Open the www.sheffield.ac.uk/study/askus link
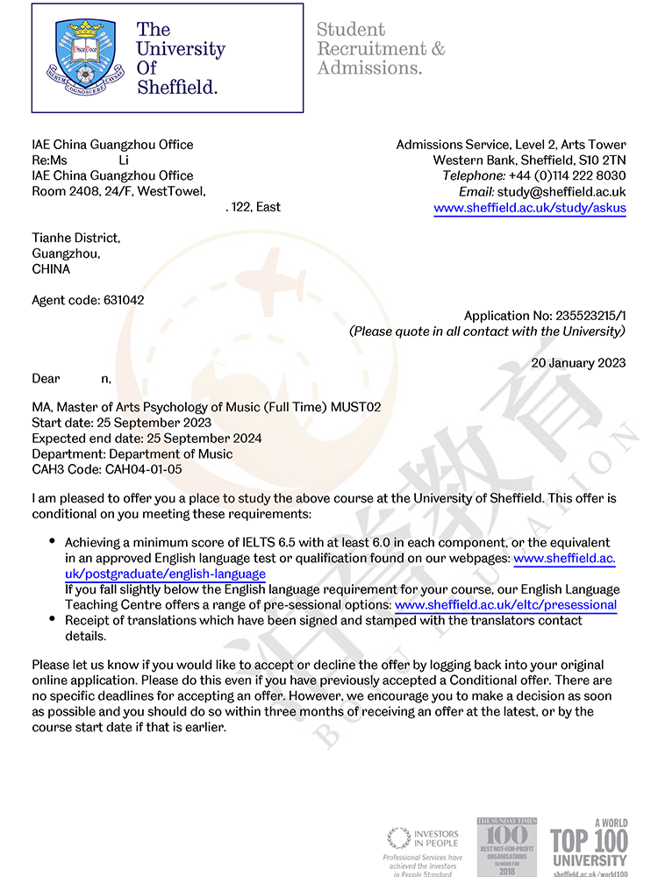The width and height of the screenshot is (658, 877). (530, 208)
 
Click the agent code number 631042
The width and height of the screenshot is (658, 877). (124, 300)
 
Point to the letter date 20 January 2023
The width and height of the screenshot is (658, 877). (579, 363)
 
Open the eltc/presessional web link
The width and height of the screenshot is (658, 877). (506, 605)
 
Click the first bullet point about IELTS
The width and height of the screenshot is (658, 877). (53, 543)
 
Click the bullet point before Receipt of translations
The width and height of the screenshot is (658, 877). (53, 620)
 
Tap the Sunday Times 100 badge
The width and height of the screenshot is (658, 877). (506, 845)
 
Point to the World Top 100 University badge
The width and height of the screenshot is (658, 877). (590, 847)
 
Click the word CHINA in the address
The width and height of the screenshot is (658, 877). (51, 269)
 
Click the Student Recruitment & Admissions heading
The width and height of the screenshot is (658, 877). (380, 48)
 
